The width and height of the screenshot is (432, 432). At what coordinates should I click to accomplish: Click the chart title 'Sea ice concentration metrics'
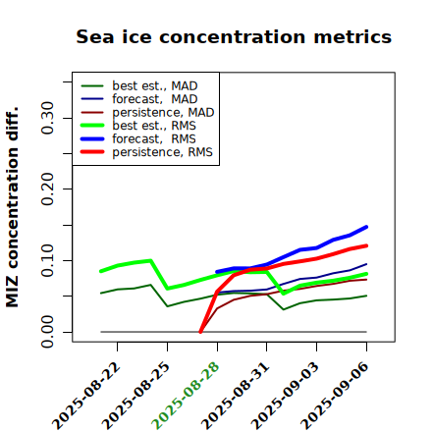coord(234,37)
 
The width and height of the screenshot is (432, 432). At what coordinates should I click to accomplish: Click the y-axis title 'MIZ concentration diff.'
coord(12,207)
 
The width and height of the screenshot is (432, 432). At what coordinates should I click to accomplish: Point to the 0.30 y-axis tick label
coord(48,118)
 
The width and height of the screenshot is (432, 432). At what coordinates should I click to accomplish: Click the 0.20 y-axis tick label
coord(48,189)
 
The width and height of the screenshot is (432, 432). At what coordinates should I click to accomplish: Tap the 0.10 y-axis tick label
coord(48,260)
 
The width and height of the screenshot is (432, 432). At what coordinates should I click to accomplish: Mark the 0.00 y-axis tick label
coord(48,332)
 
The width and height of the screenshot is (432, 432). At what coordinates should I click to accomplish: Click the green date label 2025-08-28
coord(186,396)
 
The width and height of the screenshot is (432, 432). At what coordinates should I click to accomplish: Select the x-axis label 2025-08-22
coord(86,396)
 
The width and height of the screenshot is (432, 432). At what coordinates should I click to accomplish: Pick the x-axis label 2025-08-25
coord(135,396)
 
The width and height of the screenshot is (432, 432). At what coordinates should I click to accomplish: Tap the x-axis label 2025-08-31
coord(235,396)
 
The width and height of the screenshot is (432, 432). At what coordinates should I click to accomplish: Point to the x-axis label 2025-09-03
coord(285,396)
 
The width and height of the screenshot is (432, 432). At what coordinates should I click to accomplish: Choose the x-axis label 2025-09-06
coord(335,396)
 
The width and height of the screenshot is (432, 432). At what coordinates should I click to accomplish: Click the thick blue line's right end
coord(366,227)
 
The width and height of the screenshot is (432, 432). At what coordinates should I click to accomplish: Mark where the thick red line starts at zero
coord(200,332)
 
